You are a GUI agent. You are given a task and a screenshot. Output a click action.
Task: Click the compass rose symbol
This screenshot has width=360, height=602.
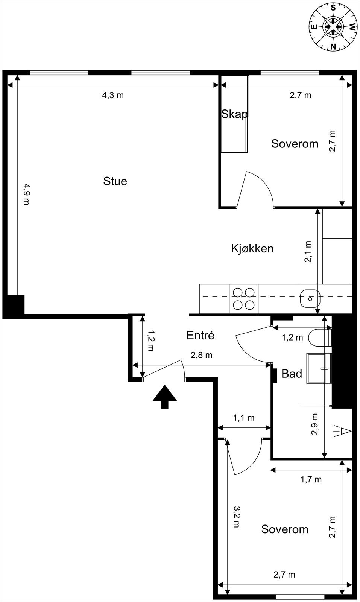pos(333,26)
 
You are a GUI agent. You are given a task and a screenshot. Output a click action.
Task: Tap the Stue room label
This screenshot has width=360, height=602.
pos(115,181)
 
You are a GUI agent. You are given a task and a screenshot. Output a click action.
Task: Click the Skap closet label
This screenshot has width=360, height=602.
pos(234,114)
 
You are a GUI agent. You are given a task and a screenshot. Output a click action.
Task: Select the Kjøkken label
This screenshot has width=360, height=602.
pos(252,249)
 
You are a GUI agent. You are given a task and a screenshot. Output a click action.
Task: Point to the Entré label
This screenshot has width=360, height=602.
pos(200,335)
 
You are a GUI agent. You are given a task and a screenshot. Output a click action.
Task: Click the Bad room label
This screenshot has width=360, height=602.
pos(292,374)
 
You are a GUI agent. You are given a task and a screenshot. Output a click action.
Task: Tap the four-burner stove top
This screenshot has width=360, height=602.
pos(244,299)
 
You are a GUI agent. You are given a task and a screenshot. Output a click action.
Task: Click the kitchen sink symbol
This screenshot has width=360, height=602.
pos(310,299)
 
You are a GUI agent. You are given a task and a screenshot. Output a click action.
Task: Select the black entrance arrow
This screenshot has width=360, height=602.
pos(164,397)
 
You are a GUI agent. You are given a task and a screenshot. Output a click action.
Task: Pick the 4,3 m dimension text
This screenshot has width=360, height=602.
pos(113,95)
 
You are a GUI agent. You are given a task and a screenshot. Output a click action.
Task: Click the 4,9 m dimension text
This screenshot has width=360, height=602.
pos(26,194)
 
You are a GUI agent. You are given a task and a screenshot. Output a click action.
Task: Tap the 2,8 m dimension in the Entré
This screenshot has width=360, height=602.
pos(202,355)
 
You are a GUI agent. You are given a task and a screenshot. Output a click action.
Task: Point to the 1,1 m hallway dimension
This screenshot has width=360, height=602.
pos(244,418)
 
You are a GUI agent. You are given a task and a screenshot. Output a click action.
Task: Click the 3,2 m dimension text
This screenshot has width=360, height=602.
pos(236,517)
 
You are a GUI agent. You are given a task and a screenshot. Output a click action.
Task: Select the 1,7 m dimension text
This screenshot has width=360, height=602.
pos(311,479)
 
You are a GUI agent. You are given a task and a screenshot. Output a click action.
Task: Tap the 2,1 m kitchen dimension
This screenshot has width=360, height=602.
pos(308,252)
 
